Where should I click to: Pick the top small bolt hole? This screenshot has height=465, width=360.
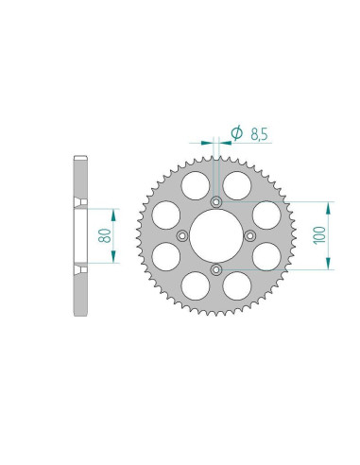(216, 202)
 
